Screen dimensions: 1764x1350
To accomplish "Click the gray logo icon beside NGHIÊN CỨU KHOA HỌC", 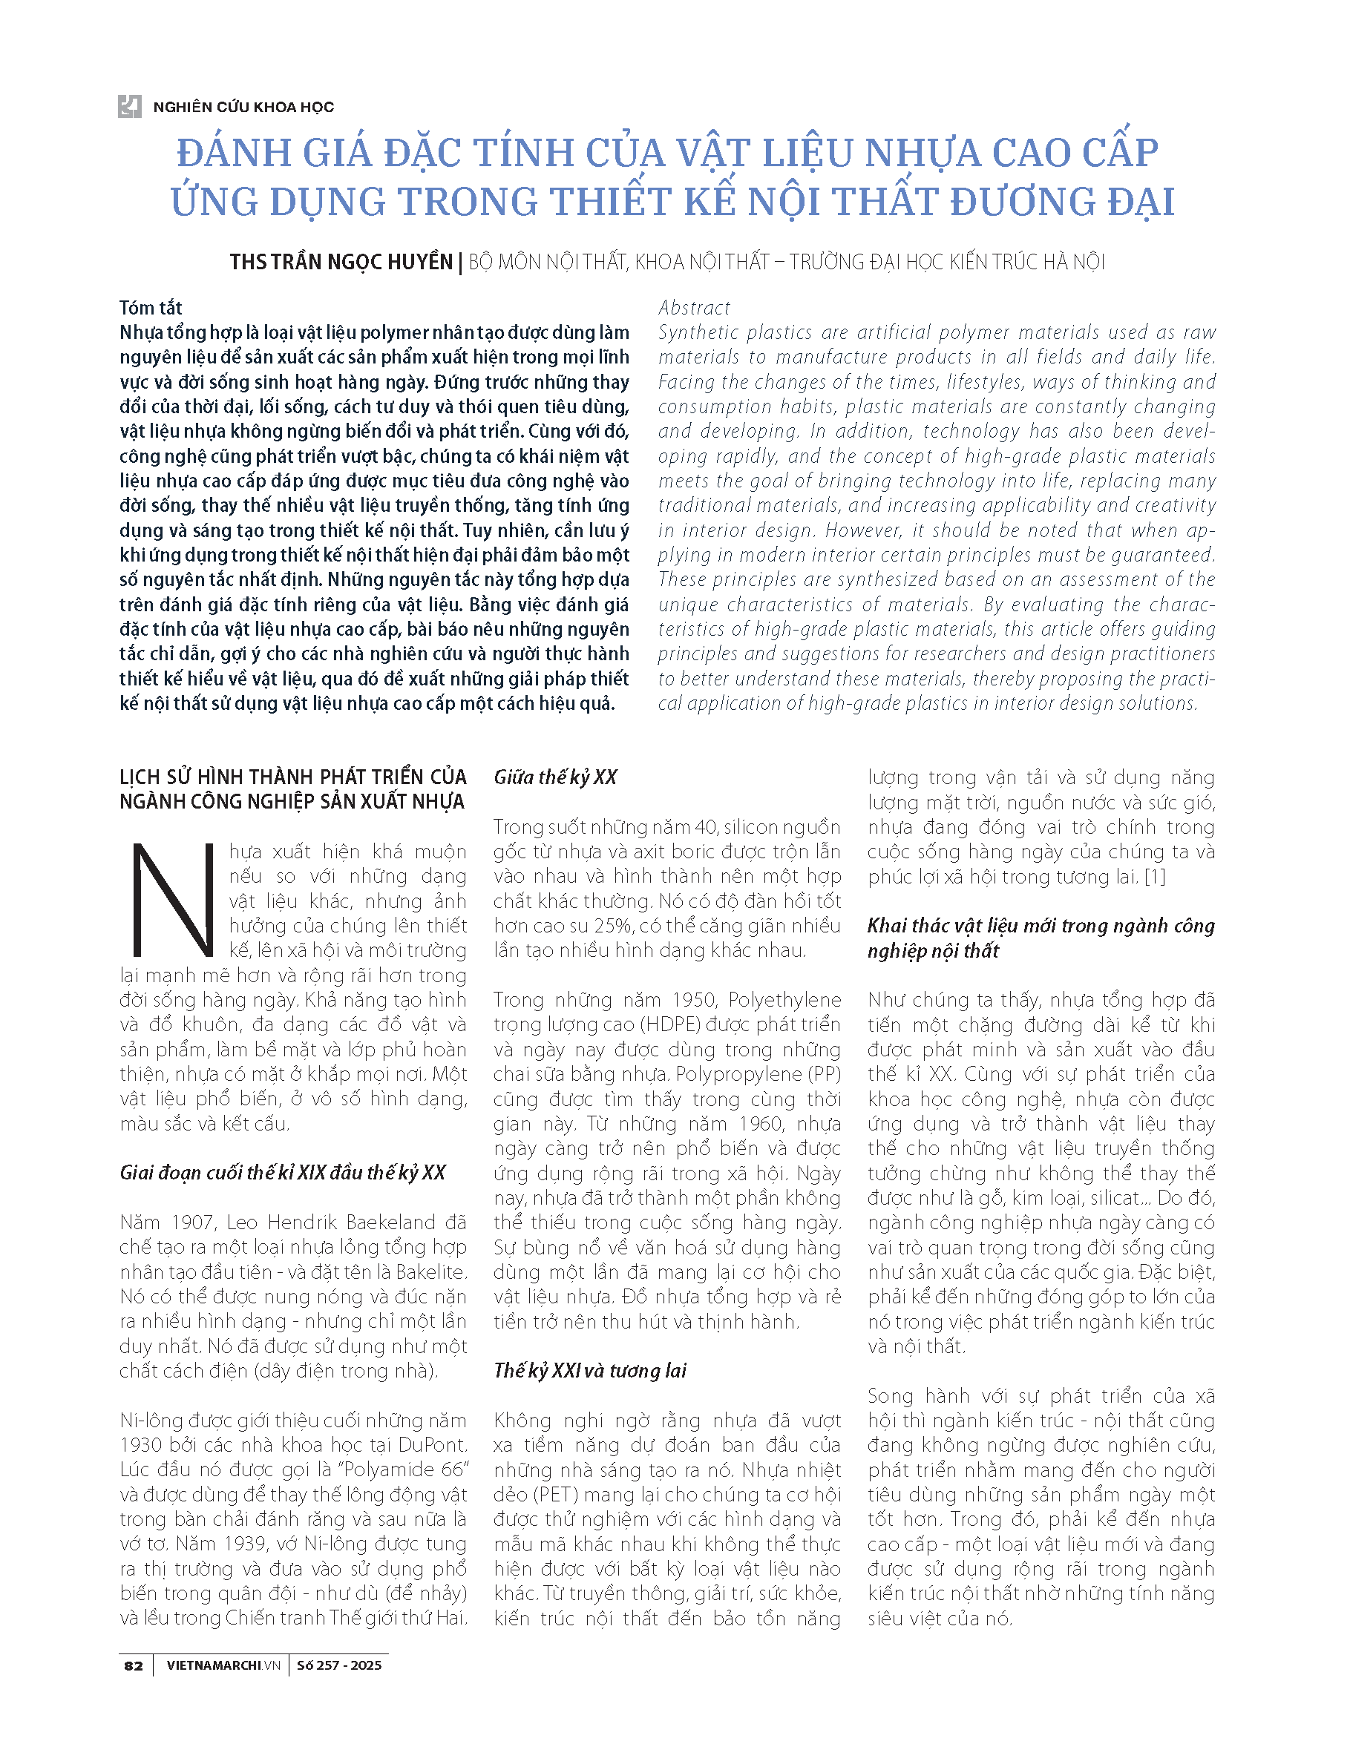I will tap(129, 106).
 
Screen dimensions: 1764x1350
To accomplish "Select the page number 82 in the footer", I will tap(134, 1665).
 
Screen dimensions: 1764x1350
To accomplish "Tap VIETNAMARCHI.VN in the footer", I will tap(223, 1665).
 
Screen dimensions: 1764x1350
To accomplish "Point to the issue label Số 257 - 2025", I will tap(339, 1665).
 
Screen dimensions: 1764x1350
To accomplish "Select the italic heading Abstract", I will tap(693, 308).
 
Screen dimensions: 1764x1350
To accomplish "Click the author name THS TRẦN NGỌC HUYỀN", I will tap(341, 262).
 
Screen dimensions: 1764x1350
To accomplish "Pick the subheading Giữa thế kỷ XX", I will tap(555, 777).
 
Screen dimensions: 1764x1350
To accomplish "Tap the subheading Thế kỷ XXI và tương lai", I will tap(590, 1370).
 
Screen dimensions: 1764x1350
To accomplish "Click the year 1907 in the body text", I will tap(192, 1222).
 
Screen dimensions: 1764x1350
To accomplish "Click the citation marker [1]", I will tap(1154, 876).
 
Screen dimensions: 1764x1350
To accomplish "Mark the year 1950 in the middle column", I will tap(693, 1000).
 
